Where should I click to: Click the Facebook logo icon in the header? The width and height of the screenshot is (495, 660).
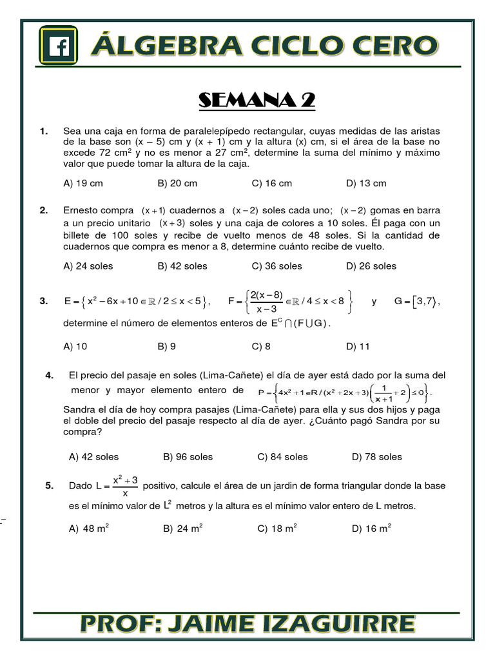click(59, 45)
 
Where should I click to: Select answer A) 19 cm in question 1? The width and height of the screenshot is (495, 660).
click(83, 183)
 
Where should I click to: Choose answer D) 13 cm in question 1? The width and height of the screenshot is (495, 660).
click(366, 183)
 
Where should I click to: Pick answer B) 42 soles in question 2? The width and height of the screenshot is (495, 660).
click(182, 266)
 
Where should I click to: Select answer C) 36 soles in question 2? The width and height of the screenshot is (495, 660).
click(277, 266)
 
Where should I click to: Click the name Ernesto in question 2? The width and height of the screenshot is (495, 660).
click(82, 210)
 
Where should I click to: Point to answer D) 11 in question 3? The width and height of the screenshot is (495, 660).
click(358, 346)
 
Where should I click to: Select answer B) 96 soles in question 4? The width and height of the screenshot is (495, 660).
click(188, 457)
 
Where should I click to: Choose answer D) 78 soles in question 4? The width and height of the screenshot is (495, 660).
click(376, 457)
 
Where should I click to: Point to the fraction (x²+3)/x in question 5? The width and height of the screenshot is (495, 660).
click(125, 486)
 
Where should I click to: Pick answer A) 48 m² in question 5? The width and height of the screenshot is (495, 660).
click(89, 529)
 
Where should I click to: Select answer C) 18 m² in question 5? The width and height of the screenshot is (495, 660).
click(277, 529)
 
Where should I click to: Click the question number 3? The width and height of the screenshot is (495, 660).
click(43, 302)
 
